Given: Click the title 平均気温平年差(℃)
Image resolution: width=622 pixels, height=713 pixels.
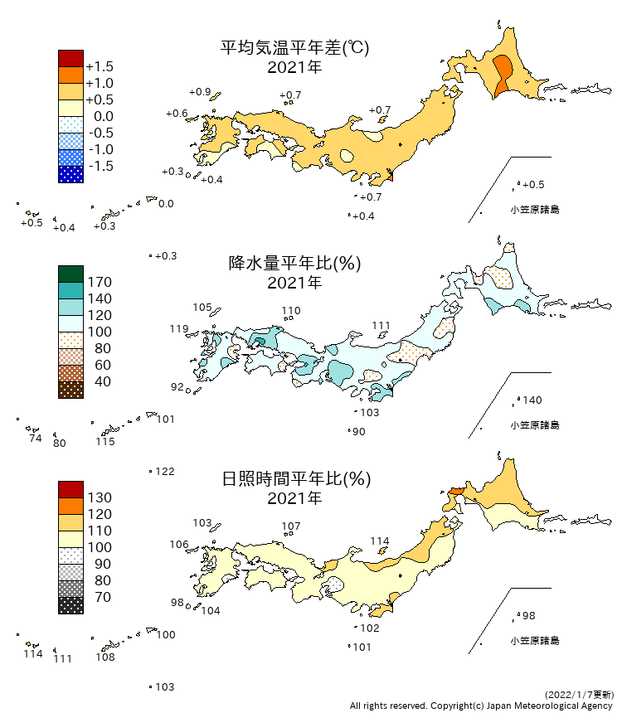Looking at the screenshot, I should tap(294, 48).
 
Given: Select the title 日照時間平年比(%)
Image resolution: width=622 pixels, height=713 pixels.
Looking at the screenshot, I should tap(294, 479).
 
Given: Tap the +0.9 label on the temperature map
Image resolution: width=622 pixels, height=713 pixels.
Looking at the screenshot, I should tap(200, 92).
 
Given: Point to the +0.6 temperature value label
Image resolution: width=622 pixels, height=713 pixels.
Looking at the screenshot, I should tap(177, 114).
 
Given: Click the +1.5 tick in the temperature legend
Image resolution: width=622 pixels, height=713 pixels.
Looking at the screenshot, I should tap(100, 67).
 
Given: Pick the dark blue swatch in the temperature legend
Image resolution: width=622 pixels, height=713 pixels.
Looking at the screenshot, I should tap(70, 174).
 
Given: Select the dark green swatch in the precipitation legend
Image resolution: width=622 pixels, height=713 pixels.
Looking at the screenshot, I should tap(70, 274).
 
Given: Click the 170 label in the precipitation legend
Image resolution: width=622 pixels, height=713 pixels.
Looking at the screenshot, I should tap(100, 283).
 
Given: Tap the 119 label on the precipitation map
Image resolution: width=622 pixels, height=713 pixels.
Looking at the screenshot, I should tap(179, 329).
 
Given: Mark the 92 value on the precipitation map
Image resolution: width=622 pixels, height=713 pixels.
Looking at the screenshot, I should tap(177, 387).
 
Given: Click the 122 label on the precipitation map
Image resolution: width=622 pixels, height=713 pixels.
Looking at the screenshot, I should tap(165, 472).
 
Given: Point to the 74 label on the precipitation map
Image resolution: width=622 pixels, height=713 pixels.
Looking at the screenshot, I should tap(35, 439).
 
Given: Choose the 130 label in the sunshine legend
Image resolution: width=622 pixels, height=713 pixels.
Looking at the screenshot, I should tap(100, 498).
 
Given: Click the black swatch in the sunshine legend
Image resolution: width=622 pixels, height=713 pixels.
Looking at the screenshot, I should tap(70, 605).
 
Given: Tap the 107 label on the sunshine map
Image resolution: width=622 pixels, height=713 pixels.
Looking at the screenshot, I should tap(291, 526).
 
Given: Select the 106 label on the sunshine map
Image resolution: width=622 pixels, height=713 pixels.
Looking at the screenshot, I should tap(179, 545).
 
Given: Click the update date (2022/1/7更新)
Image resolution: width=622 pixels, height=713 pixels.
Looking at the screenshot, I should tap(580, 694).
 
